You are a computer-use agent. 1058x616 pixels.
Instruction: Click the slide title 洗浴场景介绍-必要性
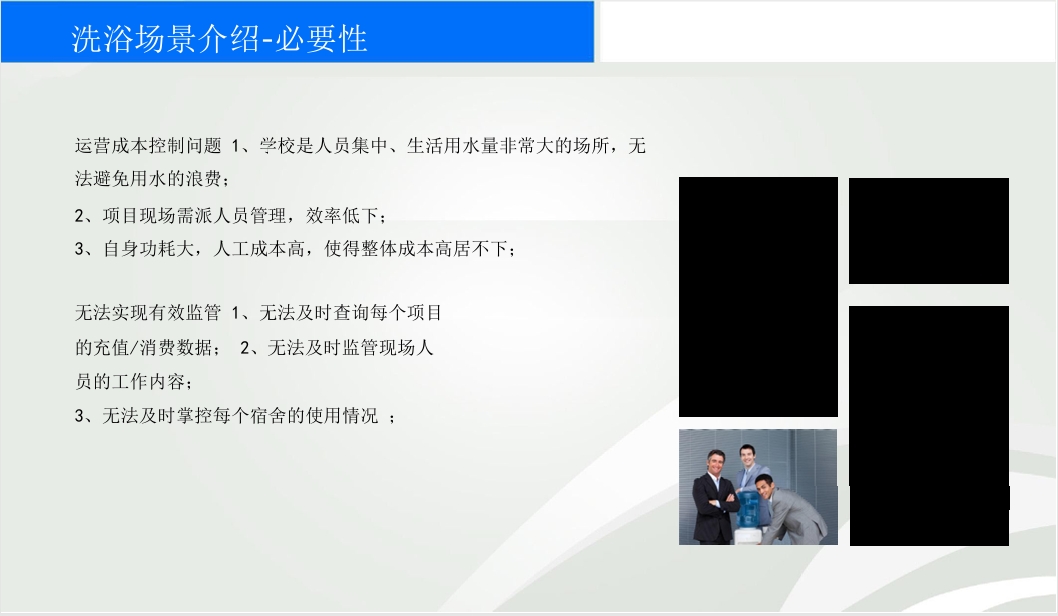[219, 38]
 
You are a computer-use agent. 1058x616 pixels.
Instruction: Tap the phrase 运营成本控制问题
[148, 146]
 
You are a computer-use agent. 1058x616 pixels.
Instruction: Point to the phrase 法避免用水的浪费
[148, 179]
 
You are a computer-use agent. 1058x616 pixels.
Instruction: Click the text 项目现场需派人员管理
[194, 216]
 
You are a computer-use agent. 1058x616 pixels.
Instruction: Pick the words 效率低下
[342, 216]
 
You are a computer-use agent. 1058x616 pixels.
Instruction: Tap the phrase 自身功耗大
[148, 249]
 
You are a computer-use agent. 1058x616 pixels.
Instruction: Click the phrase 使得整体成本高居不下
[416, 249]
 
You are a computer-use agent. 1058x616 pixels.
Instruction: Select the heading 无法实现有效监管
[148, 313]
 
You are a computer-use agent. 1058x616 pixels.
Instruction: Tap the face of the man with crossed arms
[716, 465]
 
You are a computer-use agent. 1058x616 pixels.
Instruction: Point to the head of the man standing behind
[747, 455]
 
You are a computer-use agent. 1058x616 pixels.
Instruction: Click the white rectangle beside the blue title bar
[828, 32]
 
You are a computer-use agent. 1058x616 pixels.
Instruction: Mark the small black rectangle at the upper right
[928, 231]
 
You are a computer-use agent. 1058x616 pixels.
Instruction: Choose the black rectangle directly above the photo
[758, 297]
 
